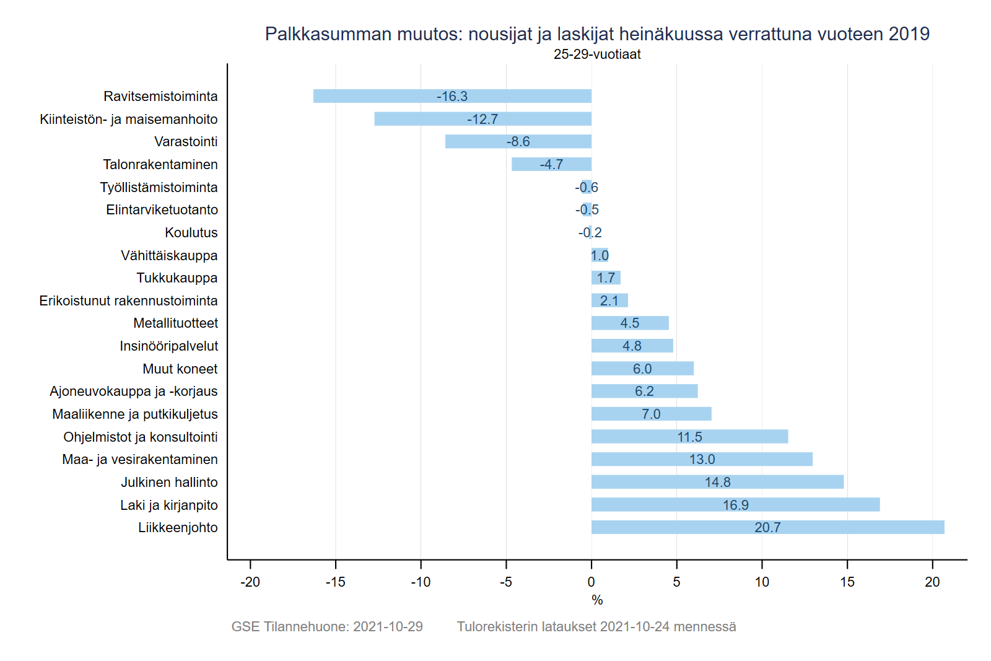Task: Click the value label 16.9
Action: point(735,505)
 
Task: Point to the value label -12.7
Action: point(482,119)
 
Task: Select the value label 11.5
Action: point(689,437)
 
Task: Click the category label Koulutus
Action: point(191,232)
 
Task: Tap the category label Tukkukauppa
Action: point(177,278)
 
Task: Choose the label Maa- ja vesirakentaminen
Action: point(140,459)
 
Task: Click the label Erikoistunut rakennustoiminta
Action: point(128,300)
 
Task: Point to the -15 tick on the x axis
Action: point(335,582)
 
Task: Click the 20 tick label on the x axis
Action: point(932,582)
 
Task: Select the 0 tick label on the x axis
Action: point(592,582)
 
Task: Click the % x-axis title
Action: point(597,600)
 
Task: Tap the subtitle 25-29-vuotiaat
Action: point(597,54)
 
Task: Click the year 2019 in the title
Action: point(909,34)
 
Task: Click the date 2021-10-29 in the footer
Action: point(388,626)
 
